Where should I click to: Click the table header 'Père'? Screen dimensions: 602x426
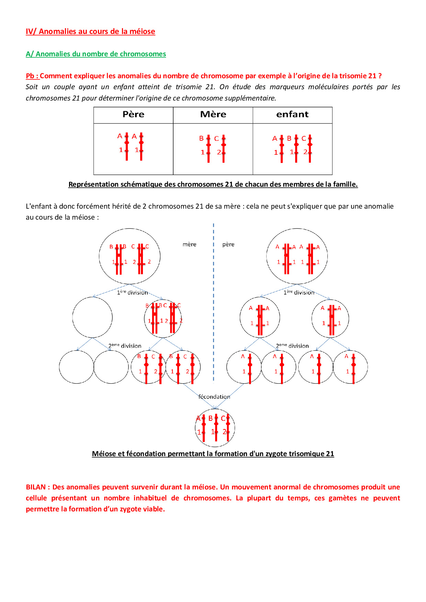click(x=133, y=115)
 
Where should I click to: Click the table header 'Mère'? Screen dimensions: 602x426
click(x=213, y=115)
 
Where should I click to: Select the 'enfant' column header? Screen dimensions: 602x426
click(x=292, y=115)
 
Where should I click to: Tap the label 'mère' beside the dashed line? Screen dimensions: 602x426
click(x=189, y=244)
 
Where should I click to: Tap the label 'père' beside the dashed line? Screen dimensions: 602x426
click(x=228, y=244)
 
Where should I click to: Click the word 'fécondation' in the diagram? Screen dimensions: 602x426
click(x=214, y=397)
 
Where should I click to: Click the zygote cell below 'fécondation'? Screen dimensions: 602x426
click(x=215, y=428)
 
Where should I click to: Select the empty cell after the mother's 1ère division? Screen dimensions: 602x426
click(x=92, y=317)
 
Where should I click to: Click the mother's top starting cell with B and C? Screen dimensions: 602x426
click(x=130, y=256)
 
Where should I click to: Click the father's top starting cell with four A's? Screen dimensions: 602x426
click(x=297, y=256)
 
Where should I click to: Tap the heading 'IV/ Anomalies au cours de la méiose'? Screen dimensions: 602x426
click(x=90, y=32)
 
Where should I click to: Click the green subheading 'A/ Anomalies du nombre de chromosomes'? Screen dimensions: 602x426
click(x=96, y=54)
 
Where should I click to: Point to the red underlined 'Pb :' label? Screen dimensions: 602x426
click(x=32, y=76)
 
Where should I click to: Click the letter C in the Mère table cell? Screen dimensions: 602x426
click(x=216, y=139)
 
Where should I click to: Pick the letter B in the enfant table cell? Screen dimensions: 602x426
click(x=289, y=138)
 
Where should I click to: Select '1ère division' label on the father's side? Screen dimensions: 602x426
click(x=299, y=292)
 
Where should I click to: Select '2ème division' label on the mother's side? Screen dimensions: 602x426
click(x=125, y=346)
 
